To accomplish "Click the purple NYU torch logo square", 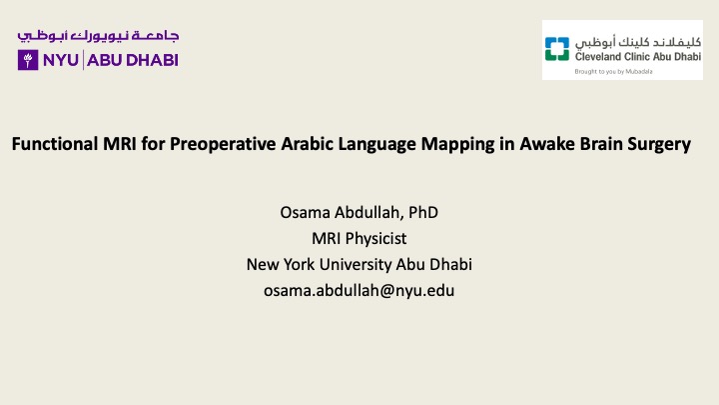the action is tap(28, 60).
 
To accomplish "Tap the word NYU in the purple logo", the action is tap(61, 60).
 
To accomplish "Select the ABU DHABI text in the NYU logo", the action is tap(133, 60).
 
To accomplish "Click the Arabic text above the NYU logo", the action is tap(98, 36).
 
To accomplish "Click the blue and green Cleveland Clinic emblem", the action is tap(557, 49).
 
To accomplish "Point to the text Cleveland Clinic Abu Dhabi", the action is tap(638, 56).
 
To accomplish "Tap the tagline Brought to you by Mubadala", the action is tap(613, 72).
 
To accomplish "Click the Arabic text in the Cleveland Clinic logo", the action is tap(638, 42).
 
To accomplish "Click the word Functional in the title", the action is tap(55, 144).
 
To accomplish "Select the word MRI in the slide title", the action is tap(120, 144).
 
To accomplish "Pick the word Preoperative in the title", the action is tap(223, 145).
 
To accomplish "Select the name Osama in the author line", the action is tap(305, 213).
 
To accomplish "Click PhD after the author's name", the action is tap(423, 213).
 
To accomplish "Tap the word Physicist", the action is tap(376, 239).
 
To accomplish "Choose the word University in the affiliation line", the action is tap(356, 265).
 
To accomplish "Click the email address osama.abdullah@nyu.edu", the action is tap(359, 291).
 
